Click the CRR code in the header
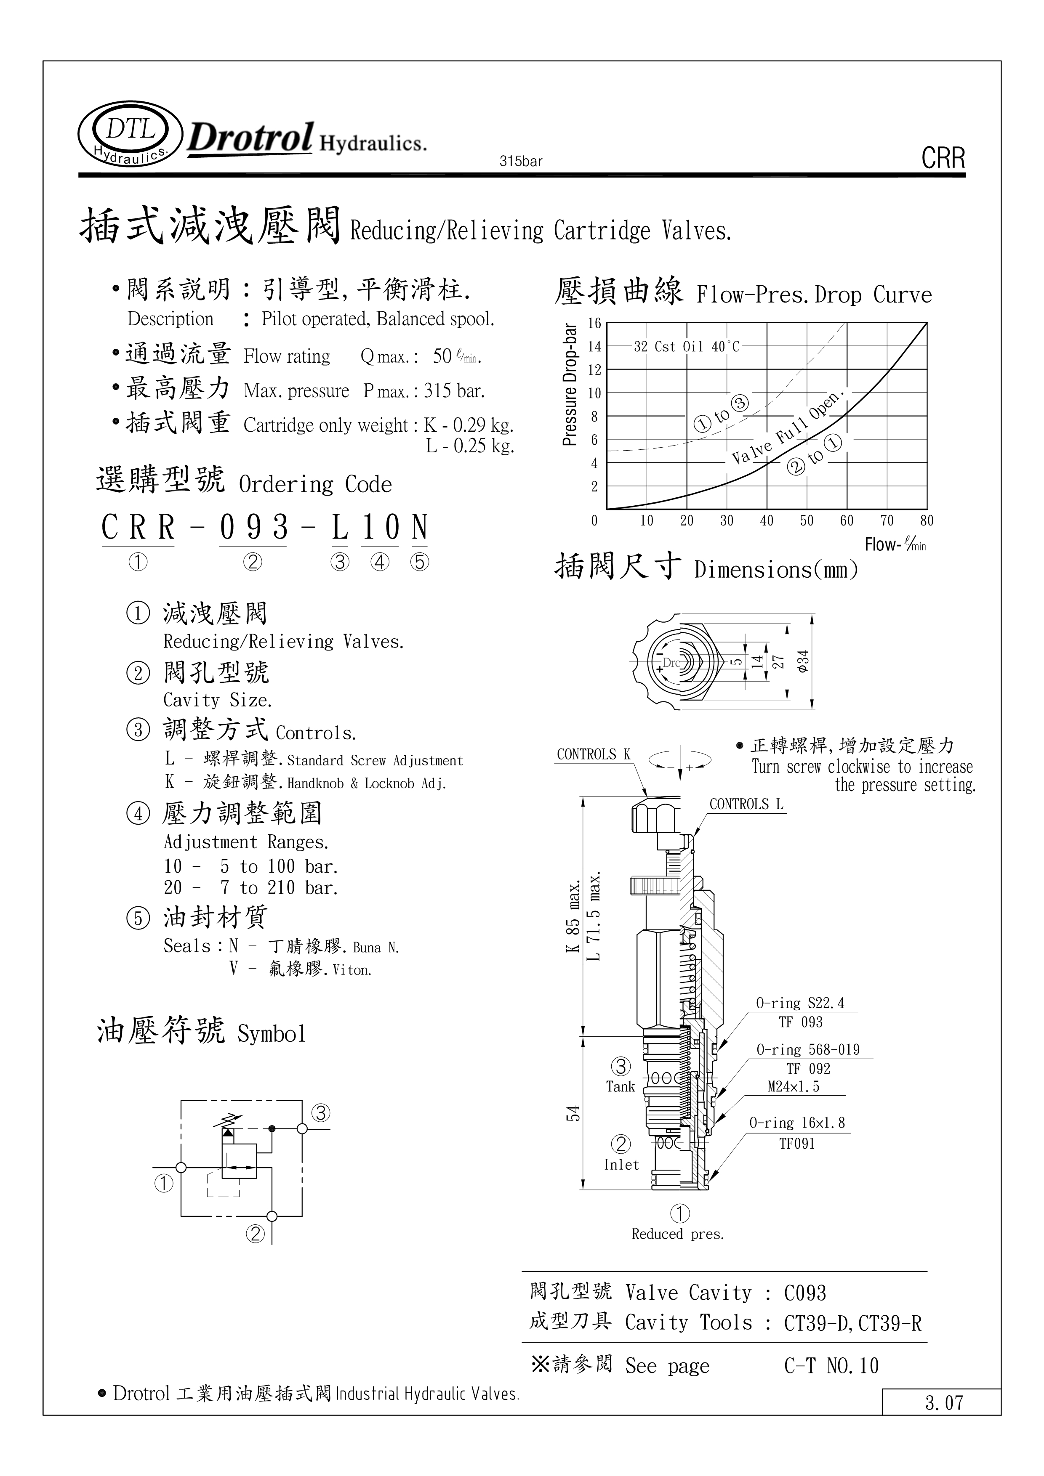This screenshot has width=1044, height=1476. [943, 158]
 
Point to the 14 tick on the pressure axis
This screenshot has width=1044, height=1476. [595, 347]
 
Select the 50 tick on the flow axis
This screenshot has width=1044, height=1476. [806, 521]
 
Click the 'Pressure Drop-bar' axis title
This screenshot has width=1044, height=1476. [569, 385]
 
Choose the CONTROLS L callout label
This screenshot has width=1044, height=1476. [746, 804]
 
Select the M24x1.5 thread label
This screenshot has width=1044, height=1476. [793, 1086]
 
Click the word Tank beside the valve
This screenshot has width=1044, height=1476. [620, 1086]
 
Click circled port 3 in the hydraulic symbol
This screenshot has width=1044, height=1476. [321, 1113]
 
